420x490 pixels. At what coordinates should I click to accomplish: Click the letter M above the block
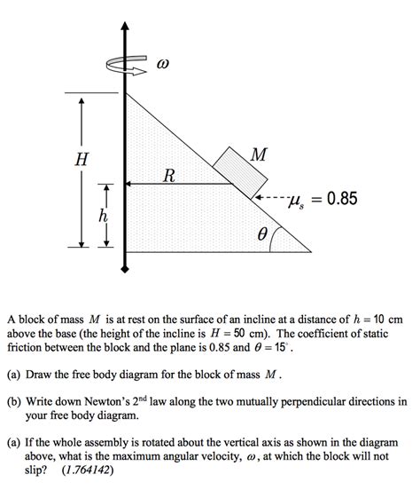(x=258, y=155)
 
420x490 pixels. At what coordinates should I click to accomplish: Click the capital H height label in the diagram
(x=82, y=160)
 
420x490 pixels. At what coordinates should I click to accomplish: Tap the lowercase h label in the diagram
(x=104, y=216)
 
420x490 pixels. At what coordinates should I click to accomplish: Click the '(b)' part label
(x=15, y=400)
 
